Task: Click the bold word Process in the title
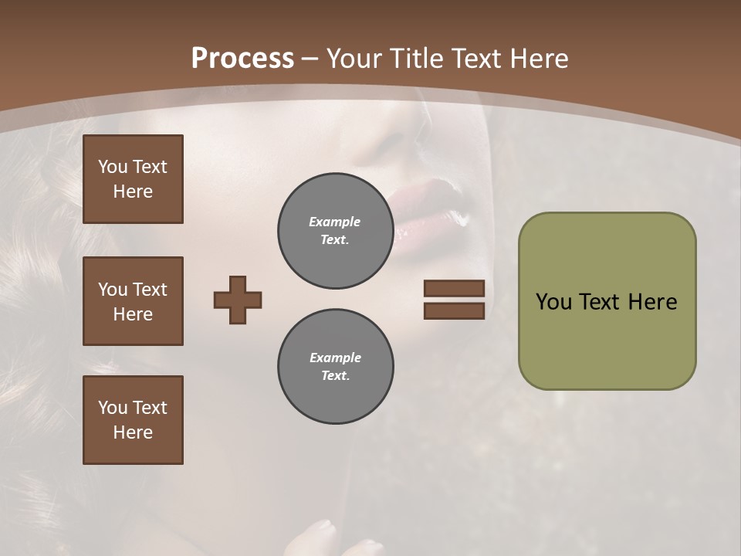pos(242,59)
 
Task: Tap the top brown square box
pos(133,179)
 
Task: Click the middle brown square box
pos(133,301)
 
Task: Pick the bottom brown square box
pos(133,420)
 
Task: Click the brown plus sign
pos(238,300)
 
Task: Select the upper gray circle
pos(335,231)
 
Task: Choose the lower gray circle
pos(335,367)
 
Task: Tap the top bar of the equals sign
pos(454,288)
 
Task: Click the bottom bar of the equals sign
pos(454,310)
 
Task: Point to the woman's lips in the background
pos(432,208)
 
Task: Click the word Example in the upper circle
pos(334,222)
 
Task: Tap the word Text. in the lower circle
pos(335,376)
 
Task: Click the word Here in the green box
pos(652,302)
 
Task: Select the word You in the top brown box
pos(113,167)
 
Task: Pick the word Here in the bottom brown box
pos(133,432)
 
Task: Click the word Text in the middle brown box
pos(150,290)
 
